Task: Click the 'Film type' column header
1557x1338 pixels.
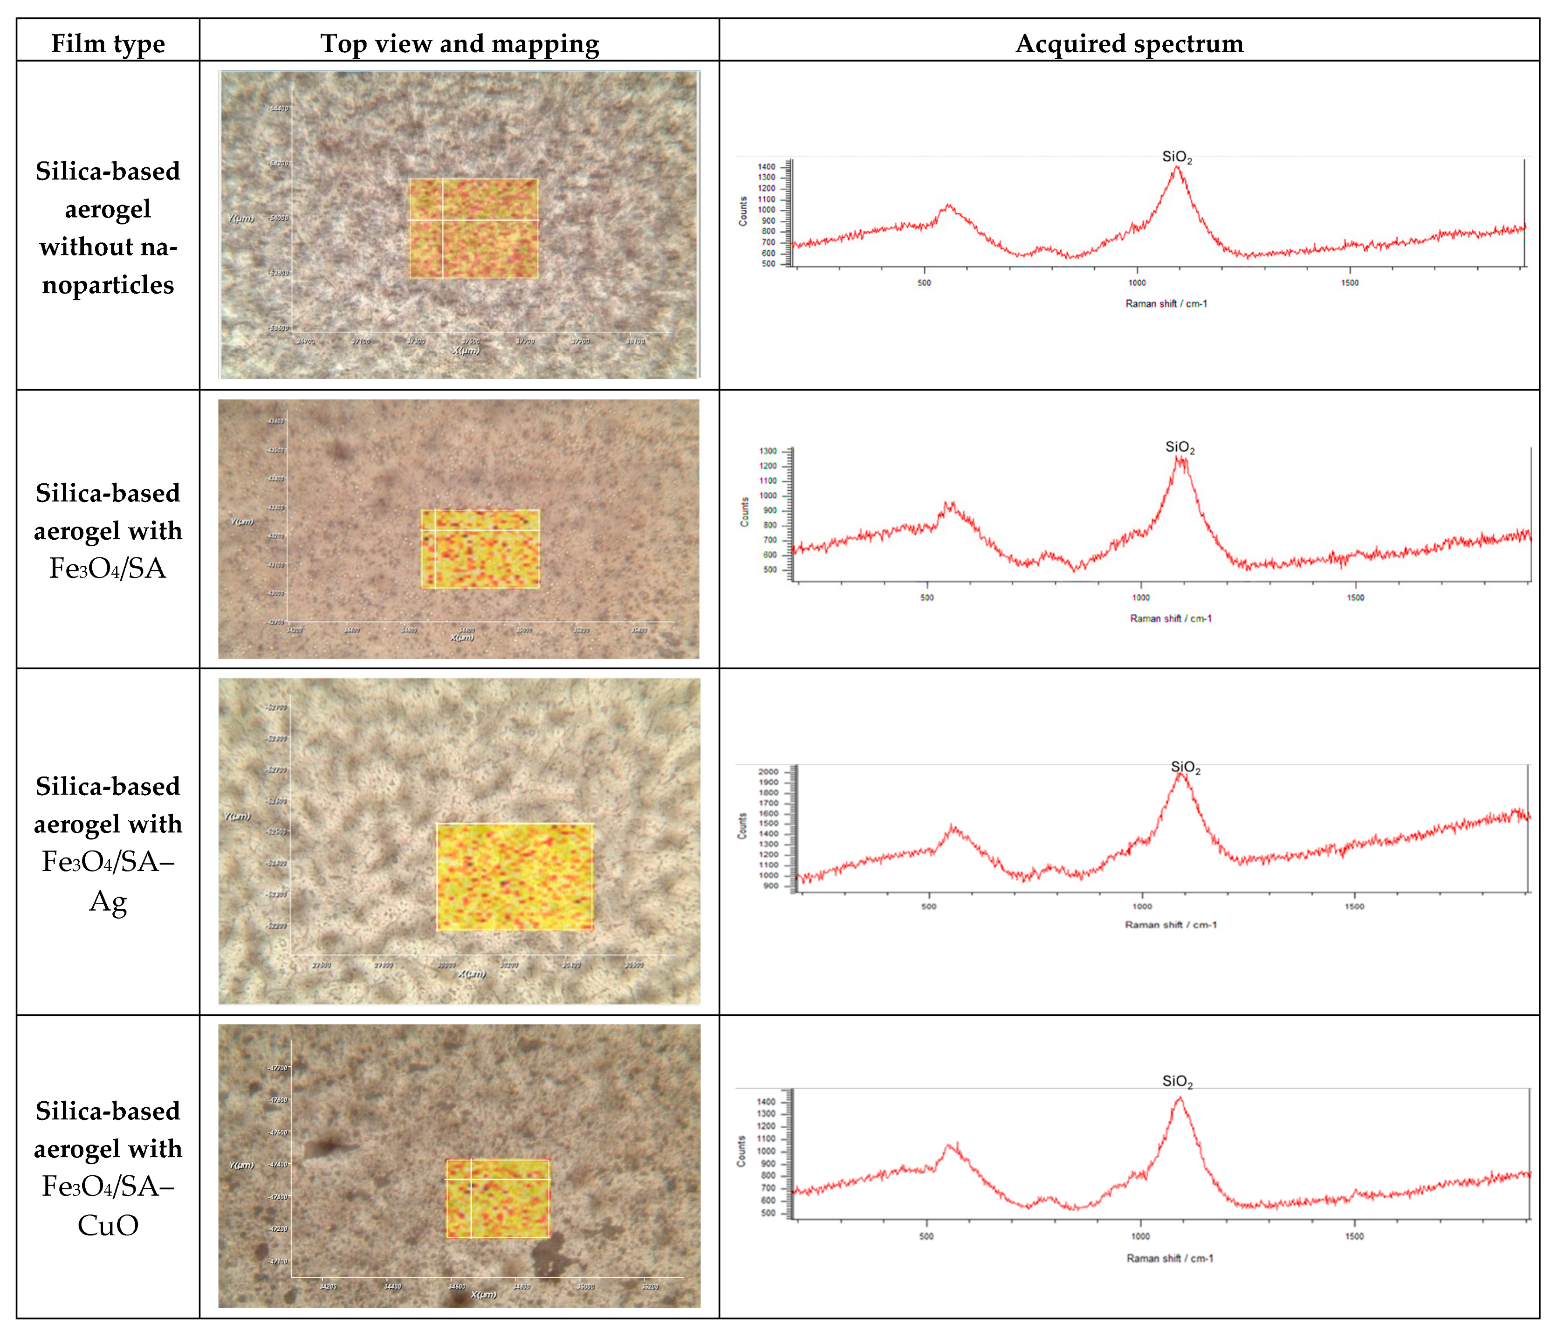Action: click(108, 43)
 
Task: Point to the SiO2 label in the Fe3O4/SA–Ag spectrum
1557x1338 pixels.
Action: click(1185, 767)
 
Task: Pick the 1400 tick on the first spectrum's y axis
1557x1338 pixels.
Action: click(767, 167)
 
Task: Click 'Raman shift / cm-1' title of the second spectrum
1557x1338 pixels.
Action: click(1170, 618)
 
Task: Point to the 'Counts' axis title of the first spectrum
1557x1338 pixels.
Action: click(743, 211)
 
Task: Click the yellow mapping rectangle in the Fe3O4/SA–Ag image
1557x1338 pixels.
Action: click(515, 877)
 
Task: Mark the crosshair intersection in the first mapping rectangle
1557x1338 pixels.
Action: click(443, 220)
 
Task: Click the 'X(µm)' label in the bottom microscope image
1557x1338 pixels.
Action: click(483, 1295)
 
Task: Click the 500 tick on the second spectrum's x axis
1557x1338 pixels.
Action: click(927, 597)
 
